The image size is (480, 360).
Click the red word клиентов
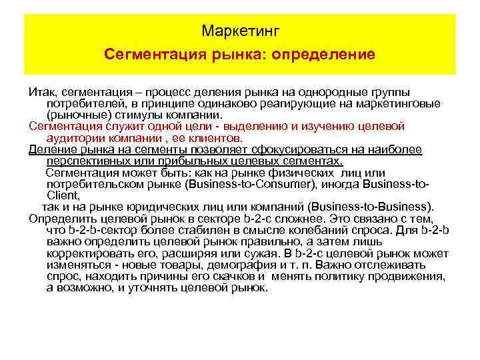click(x=214, y=137)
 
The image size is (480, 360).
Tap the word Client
click(x=63, y=195)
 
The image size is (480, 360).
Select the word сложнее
click(x=283, y=219)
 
